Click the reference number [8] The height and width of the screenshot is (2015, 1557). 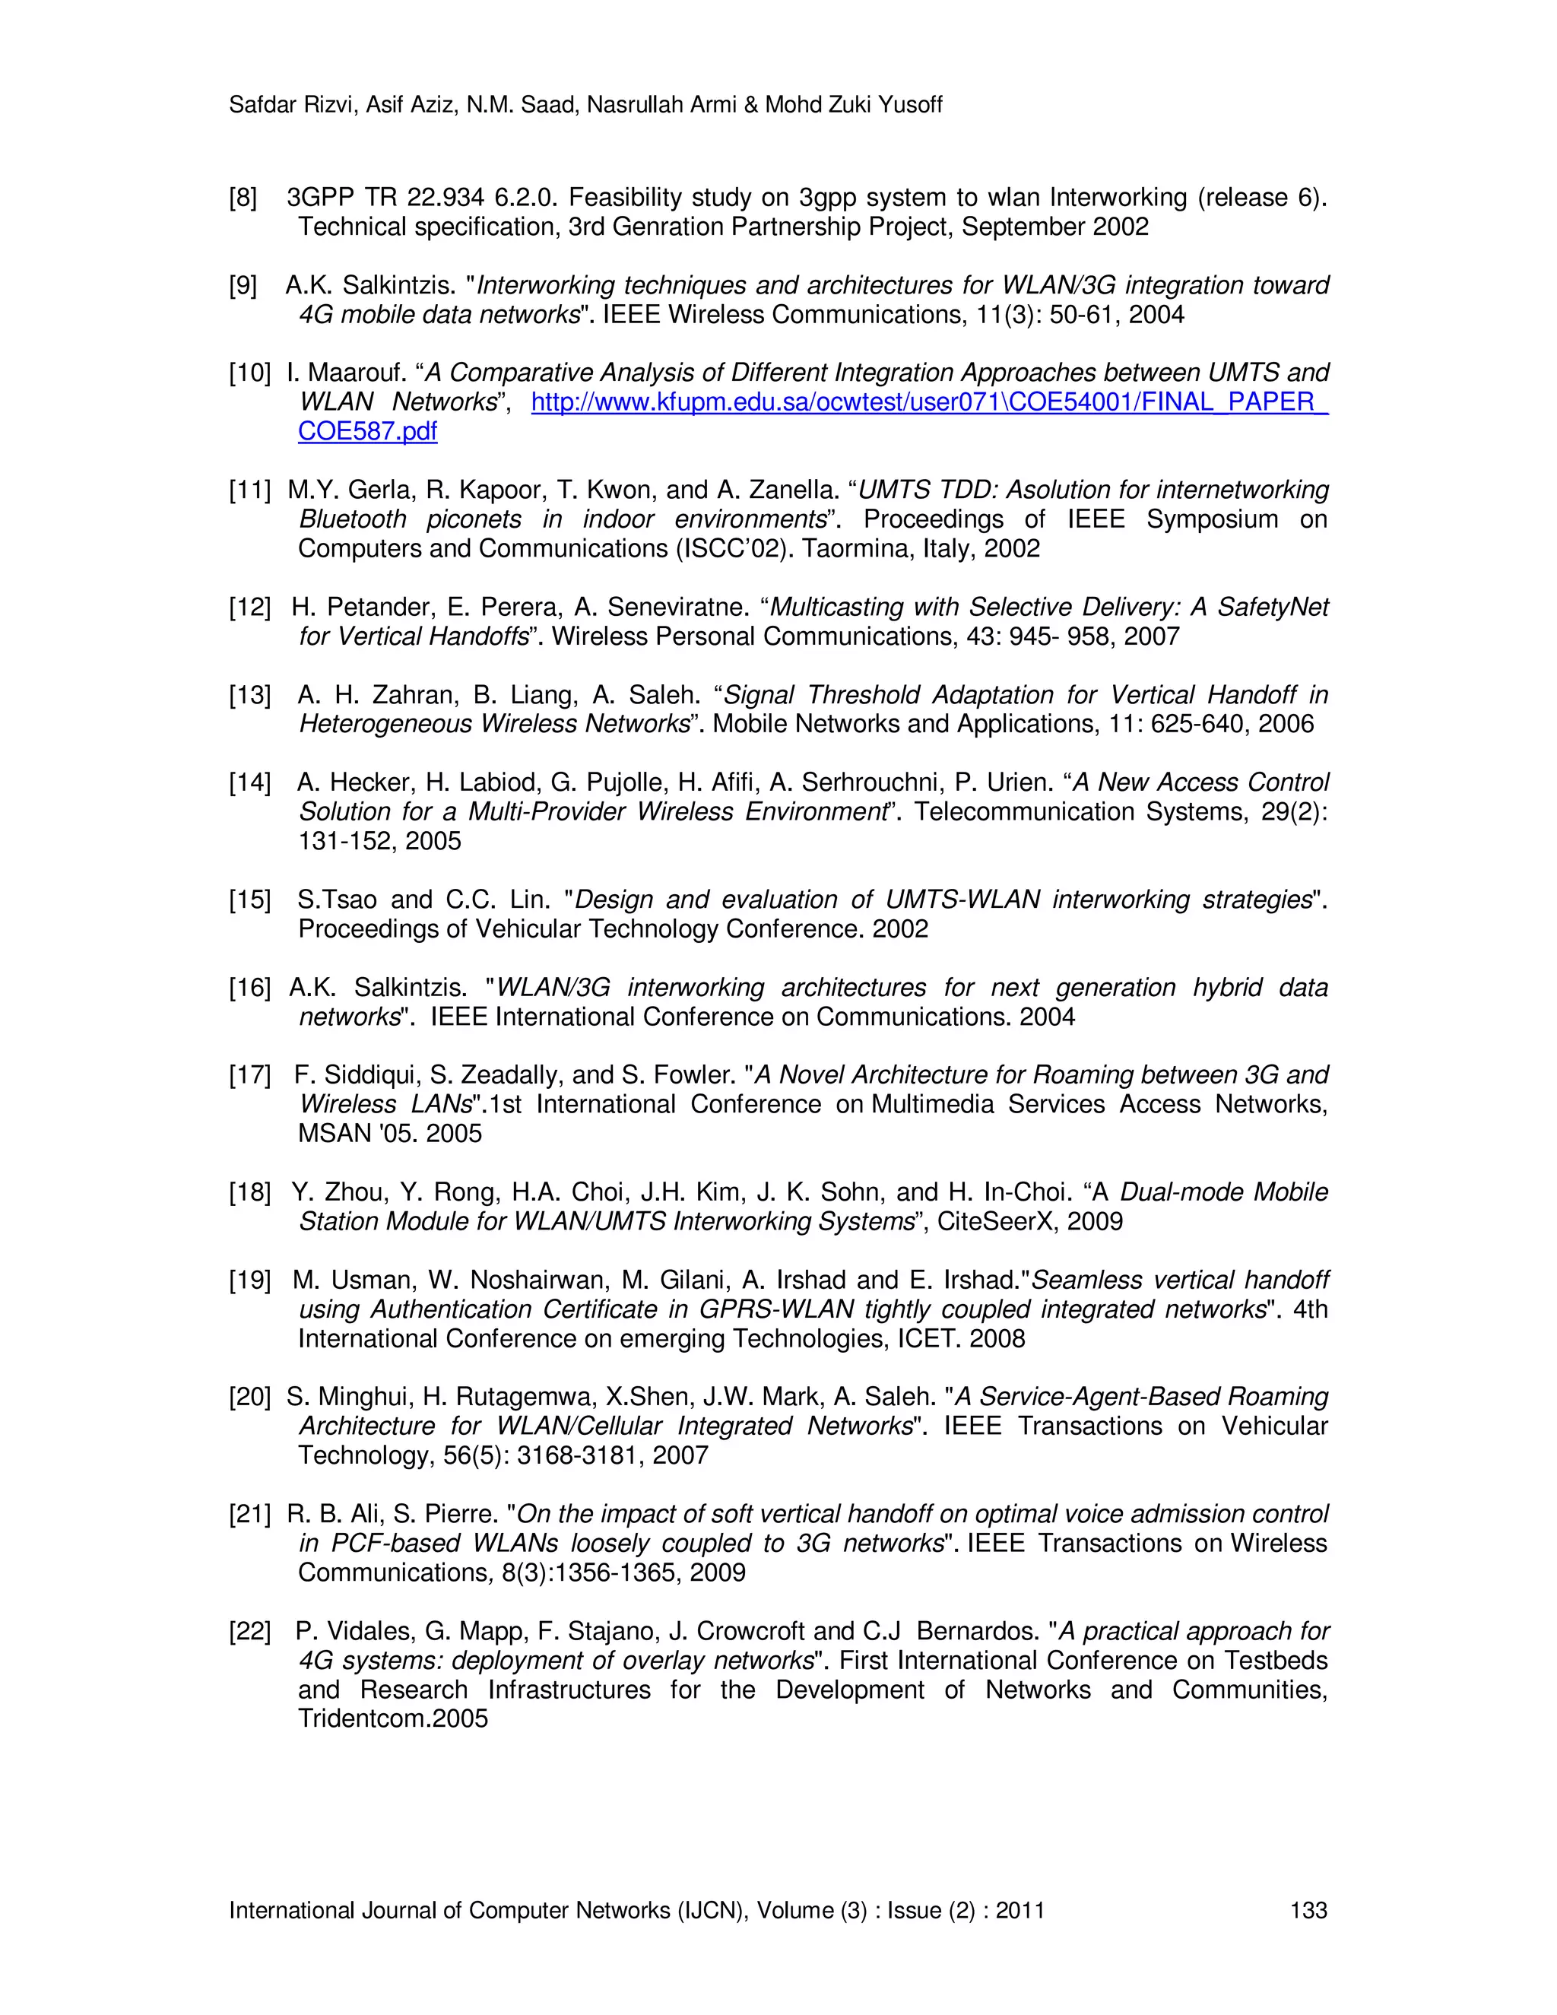243,198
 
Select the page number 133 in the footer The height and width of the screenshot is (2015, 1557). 1308,1910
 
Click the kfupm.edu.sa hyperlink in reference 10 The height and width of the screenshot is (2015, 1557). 929,402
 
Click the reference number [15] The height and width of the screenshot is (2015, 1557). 250,900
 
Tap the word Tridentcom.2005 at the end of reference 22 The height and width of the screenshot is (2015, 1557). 393,1718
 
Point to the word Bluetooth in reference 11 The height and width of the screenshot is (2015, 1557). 354,519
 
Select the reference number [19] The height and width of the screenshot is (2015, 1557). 250,1280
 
